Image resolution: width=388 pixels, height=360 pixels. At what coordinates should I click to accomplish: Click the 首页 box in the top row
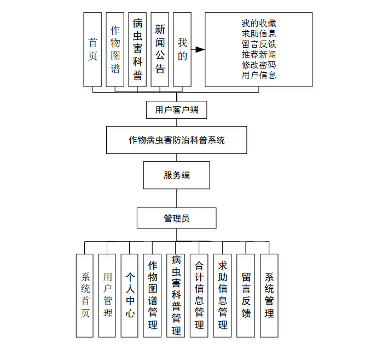(x=92, y=49)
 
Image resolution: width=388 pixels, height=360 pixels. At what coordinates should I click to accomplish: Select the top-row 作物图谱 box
(x=115, y=49)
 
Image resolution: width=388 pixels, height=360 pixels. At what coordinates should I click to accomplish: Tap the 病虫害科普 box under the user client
(x=137, y=49)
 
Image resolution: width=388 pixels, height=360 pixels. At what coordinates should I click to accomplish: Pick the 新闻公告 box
(x=160, y=49)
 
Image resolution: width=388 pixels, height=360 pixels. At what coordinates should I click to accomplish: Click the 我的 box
(x=182, y=49)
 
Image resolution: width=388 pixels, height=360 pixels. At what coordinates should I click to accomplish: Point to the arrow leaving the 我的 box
(x=198, y=49)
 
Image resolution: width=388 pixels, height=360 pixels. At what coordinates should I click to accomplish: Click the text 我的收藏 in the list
(x=258, y=23)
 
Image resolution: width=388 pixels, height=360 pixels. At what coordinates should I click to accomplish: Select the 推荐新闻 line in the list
(x=258, y=54)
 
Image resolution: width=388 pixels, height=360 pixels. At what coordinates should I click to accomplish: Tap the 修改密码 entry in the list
(x=258, y=65)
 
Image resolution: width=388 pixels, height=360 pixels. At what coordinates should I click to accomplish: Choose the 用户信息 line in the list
(x=258, y=75)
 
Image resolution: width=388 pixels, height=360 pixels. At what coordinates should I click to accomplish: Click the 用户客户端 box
(x=177, y=110)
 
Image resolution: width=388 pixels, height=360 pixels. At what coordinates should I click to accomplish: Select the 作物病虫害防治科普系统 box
(x=177, y=140)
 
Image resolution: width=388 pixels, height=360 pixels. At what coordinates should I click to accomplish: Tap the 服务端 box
(x=176, y=175)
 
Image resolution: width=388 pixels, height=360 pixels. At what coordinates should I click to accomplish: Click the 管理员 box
(x=176, y=218)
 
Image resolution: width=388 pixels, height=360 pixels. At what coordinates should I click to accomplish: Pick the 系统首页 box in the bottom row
(x=85, y=295)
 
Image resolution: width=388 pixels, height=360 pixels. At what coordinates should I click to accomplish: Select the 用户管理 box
(x=107, y=295)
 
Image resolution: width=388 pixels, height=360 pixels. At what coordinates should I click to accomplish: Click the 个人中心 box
(x=130, y=295)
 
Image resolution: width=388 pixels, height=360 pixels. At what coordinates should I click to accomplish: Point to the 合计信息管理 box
(x=199, y=295)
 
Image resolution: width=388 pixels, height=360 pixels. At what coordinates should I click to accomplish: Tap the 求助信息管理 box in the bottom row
(x=222, y=295)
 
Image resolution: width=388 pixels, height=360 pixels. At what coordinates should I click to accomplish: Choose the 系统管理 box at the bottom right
(x=269, y=295)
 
